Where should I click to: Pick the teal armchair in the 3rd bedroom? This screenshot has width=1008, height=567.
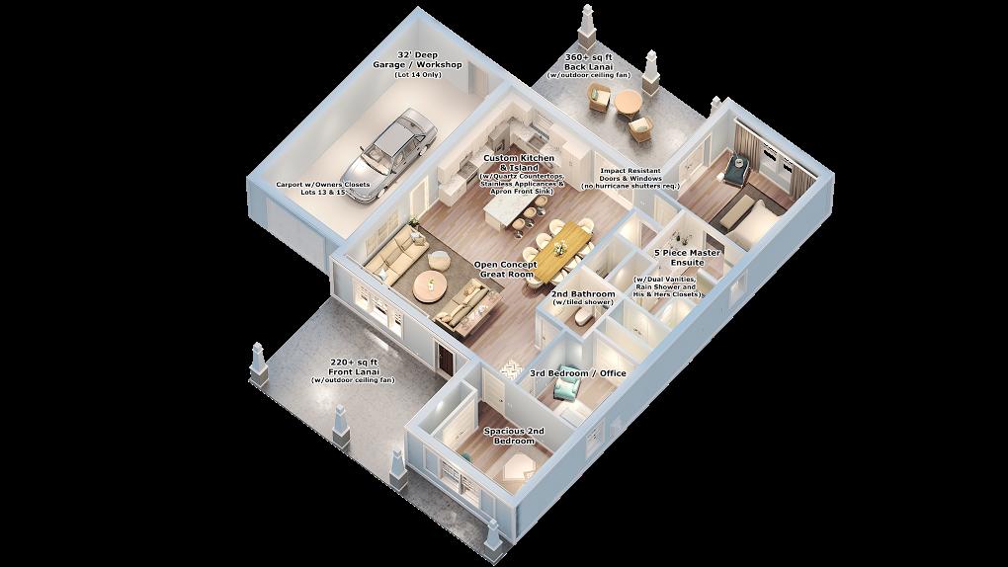click(x=567, y=384)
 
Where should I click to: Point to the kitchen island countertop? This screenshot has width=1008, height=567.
click(x=508, y=205)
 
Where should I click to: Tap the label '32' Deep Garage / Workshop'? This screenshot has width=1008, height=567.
click(x=417, y=60)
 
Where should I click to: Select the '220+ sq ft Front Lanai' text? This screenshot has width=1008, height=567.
click(x=353, y=367)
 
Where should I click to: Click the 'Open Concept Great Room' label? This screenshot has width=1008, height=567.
click(x=505, y=269)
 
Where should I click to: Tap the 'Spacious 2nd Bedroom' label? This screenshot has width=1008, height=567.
click(x=515, y=436)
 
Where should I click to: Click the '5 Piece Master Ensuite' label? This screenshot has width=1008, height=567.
click(x=688, y=257)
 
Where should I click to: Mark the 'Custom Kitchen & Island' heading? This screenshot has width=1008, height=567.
click(x=519, y=162)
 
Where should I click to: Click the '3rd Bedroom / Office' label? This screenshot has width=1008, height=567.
click(x=578, y=373)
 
